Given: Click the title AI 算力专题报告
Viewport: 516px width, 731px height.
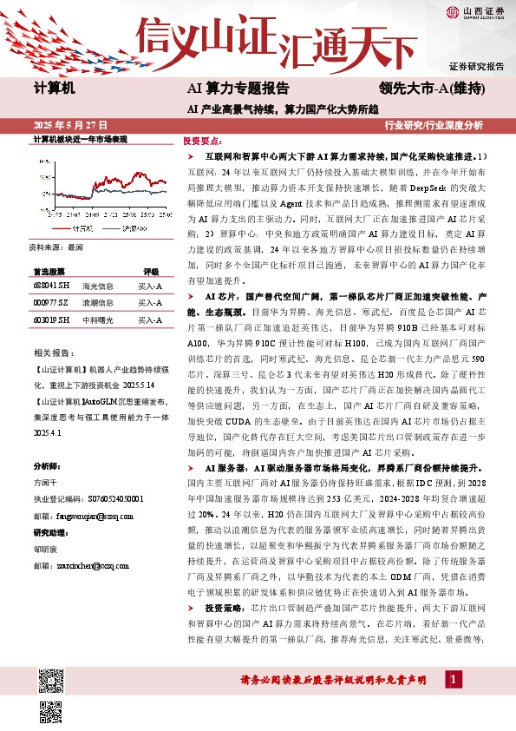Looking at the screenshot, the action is [238, 89].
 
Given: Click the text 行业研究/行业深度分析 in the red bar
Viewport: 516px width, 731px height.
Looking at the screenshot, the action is [433, 125].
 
